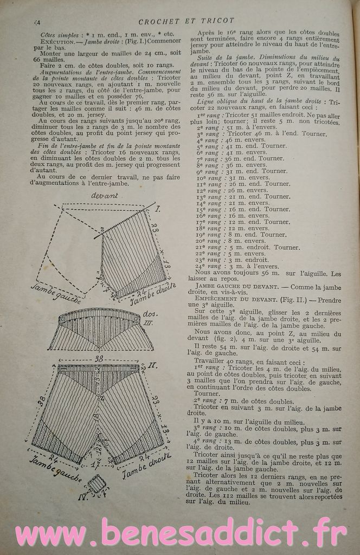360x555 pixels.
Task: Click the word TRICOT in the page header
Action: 217,21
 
